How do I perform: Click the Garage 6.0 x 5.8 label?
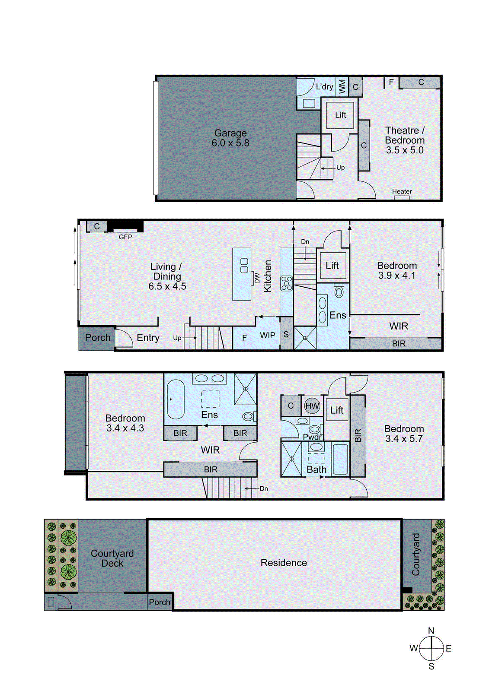[230, 138]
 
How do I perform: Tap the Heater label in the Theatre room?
[402, 191]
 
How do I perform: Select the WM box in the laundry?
[342, 86]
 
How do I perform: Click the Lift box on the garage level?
[340, 115]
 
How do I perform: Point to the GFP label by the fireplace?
[125, 237]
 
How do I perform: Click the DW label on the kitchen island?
[257, 278]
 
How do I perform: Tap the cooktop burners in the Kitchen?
[286, 283]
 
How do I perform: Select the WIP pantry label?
[268, 335]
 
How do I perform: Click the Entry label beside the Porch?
[148, 338]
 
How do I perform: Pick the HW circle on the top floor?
[312, 406]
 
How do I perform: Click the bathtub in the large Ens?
[176, 399]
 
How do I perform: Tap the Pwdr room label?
[312, 437]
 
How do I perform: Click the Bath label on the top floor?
[316, 469]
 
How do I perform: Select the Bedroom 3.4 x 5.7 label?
[404, 434]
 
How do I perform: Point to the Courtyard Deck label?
[112, 558]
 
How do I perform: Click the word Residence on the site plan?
[284, 563]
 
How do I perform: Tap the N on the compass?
[431, 631]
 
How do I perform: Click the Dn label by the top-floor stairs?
[264, 488]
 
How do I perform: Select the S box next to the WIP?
[286, 335]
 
